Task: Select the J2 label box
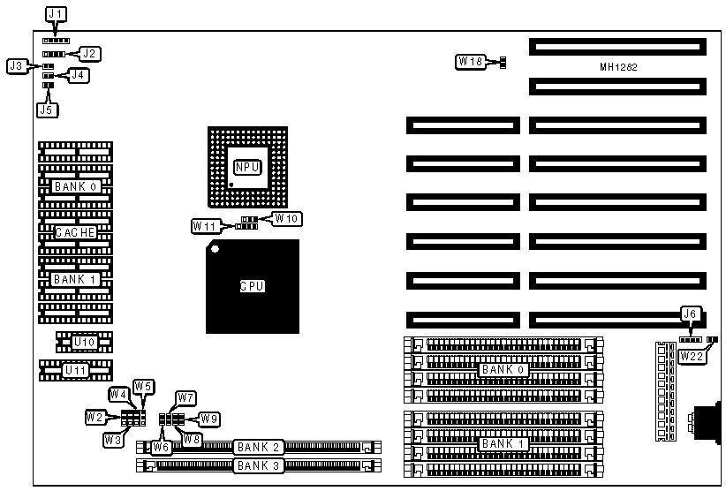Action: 89,54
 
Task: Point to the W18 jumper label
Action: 470,62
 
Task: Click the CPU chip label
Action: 253,286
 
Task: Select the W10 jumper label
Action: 286,217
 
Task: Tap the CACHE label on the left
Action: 75,232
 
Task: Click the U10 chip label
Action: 84,342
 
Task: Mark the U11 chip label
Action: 75,370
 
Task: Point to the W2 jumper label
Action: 95,416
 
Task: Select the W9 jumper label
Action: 208,418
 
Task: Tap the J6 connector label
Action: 690,313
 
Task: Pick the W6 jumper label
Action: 161,447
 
